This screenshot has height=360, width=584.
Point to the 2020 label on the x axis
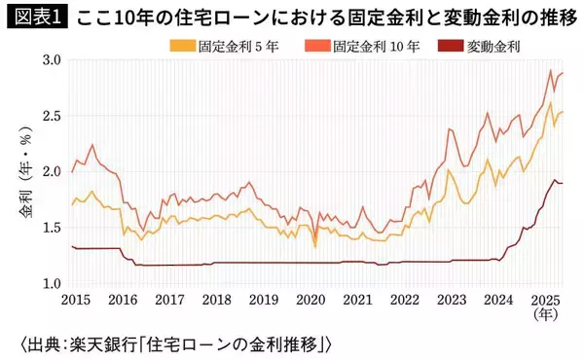coord(310,302)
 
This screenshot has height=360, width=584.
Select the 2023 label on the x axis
coord(455,302)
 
